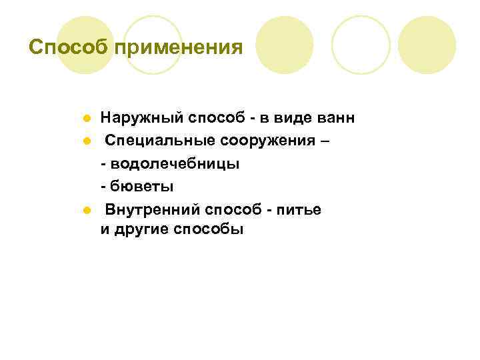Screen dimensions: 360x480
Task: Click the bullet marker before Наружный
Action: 87,119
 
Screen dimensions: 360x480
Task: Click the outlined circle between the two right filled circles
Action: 361,45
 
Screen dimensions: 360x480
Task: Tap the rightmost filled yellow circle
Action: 427,45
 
